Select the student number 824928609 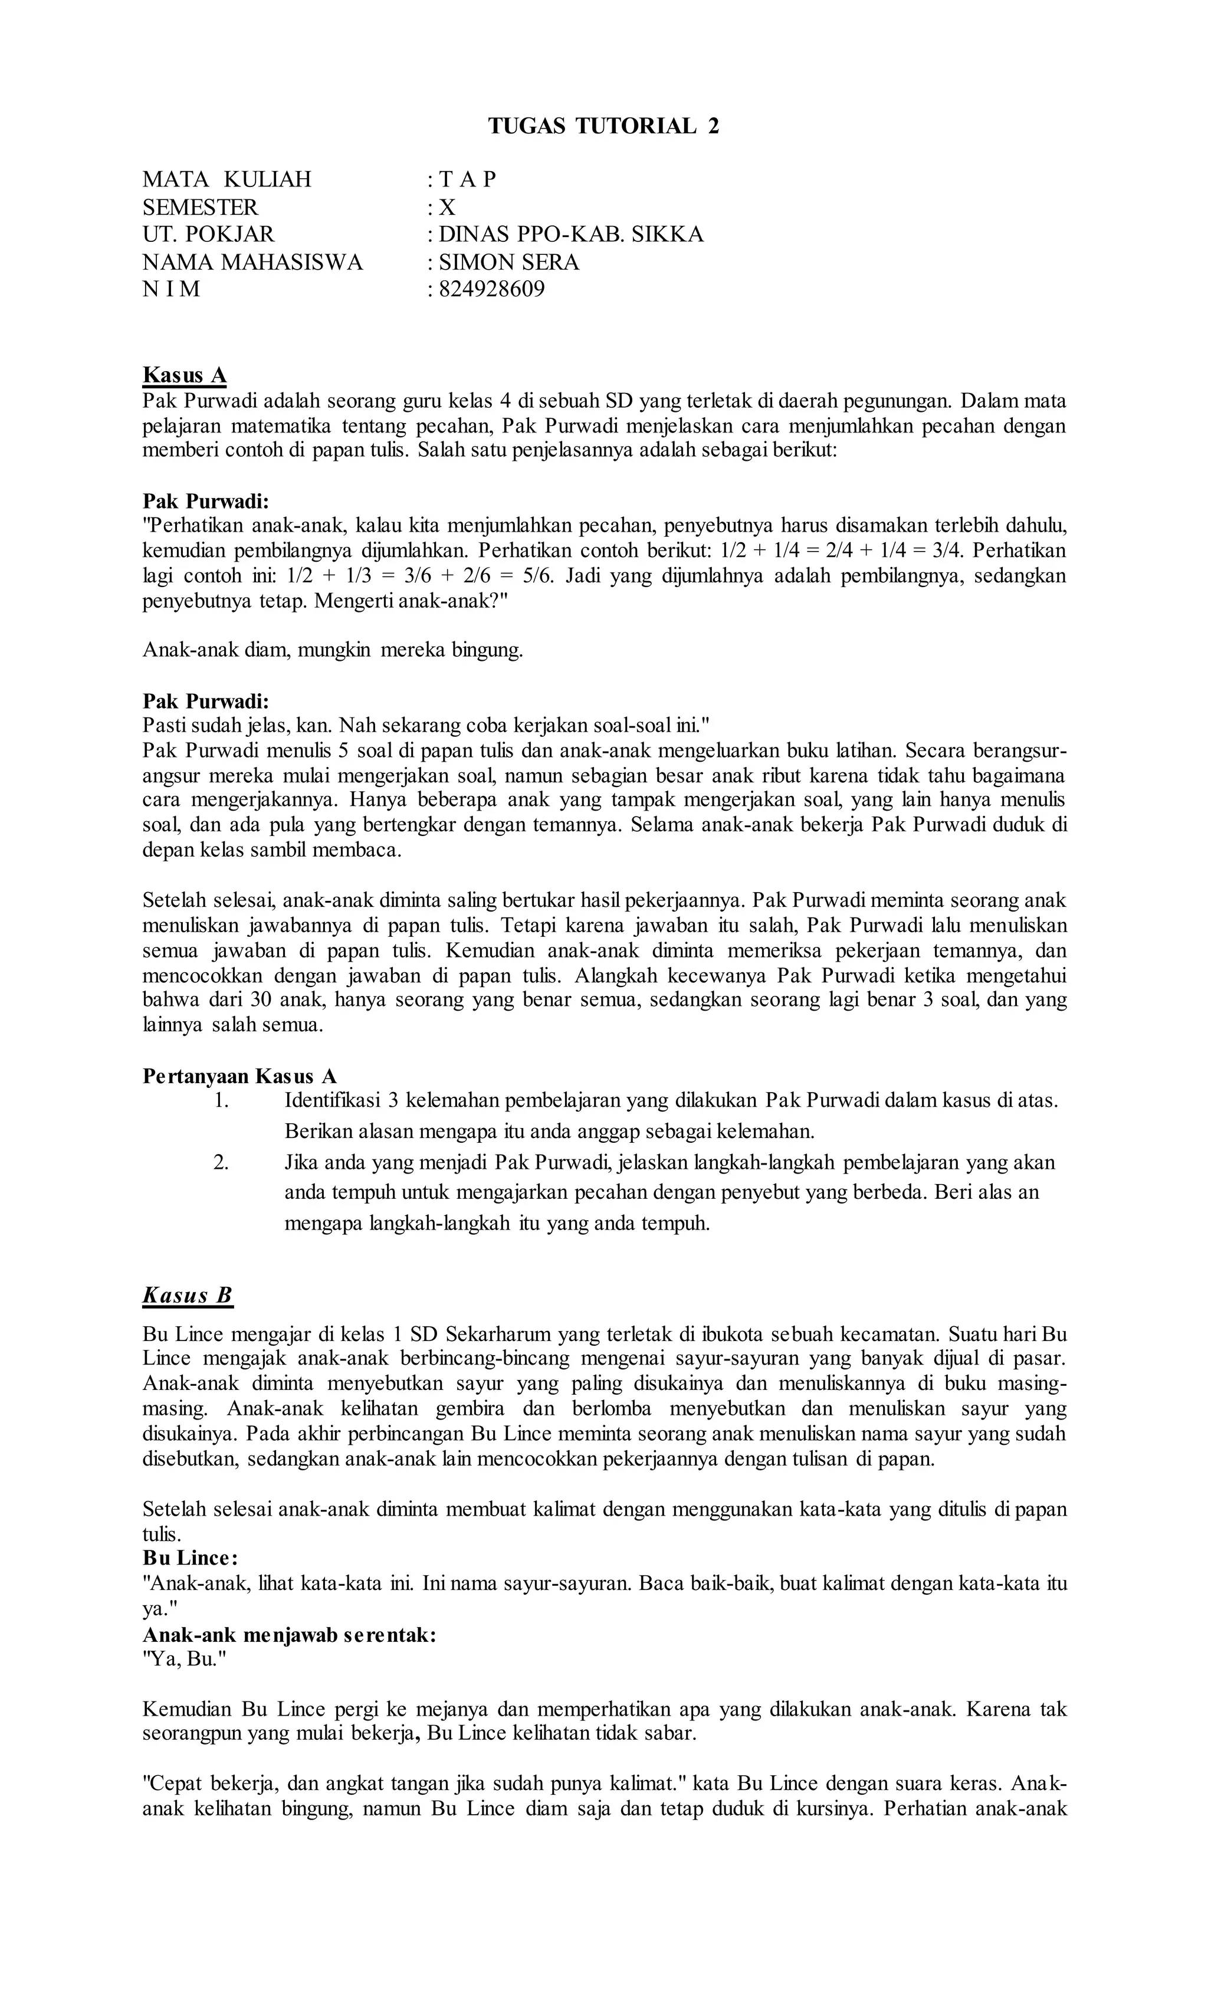coord(491,289)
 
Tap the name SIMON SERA coord(508,262)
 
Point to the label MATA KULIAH coord(227,179)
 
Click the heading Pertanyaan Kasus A coord(239,1076)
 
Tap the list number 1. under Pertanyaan coord(222,1100)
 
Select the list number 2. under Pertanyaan coord(222,1162)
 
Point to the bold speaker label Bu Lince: coord(190,1557)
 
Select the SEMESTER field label coord(201,206)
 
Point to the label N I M coord(171,289)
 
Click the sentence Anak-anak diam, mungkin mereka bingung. coord(333,650)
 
